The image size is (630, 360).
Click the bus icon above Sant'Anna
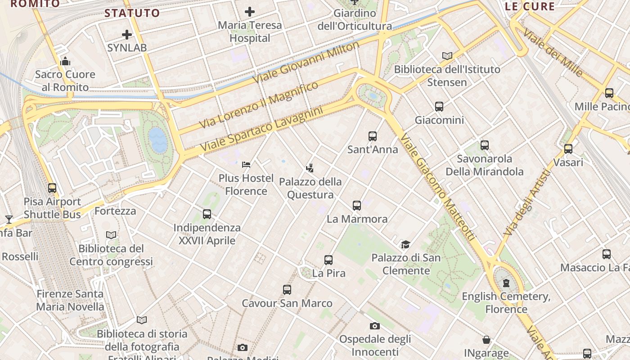[372, 136]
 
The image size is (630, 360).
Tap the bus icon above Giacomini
[439, 107]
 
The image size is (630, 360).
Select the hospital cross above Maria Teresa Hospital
[250, 12]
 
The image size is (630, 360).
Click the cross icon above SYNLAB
[127, 34]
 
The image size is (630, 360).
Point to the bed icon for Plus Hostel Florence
[246, 165]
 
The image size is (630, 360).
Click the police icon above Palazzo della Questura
[310, 169]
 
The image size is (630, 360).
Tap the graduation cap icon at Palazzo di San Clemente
[405, 244]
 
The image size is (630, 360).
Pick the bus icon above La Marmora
[357, 206]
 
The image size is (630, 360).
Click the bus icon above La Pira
[328, 260]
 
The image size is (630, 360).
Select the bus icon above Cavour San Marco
[287, 290]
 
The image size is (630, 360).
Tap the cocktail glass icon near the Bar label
[9, 220]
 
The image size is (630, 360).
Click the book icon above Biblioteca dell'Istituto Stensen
[447, 56]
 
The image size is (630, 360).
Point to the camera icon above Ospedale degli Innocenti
[375, 326]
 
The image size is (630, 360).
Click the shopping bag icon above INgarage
[486, 340]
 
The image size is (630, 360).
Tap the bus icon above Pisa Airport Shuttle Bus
[52, 188]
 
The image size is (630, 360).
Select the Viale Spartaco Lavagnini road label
[262, 129]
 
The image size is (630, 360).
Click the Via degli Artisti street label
[527, 202]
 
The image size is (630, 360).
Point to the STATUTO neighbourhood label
[132, 13]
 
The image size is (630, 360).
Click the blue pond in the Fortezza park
[158, 139]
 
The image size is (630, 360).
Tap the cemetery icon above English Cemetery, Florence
[506, 283]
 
